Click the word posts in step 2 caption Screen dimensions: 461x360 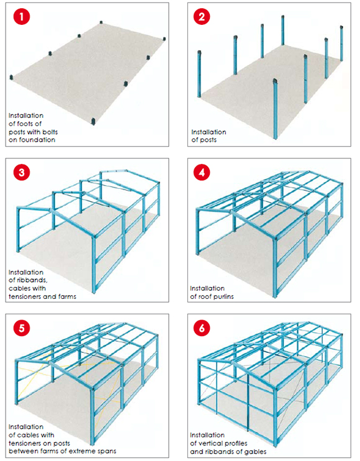pyautogui.click(x=204, y=140)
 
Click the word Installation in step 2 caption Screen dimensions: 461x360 pyautogui.click(x=209, y=132)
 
